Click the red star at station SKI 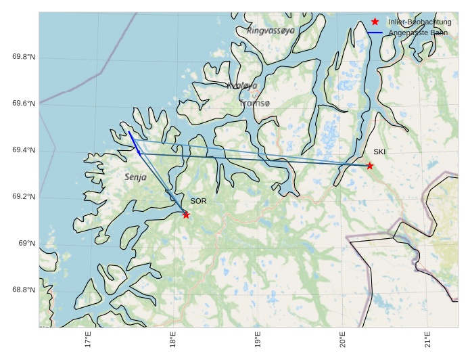click(370, 166)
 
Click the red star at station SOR click(186, 215)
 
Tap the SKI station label click(379, 152)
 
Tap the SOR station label click(198, 201)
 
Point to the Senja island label click(136, 177)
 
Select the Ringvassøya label click(271, 30)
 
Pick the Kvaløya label click(243, 86)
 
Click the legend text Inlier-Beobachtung click(420, 22)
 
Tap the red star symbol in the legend click(375, 22)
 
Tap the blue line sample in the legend click(375, 32)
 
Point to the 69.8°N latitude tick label click(24, 57)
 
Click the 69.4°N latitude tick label click(24, 150)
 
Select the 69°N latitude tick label click(27, 244)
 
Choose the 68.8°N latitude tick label click(24, 290)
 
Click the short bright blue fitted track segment click(134, 143)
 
